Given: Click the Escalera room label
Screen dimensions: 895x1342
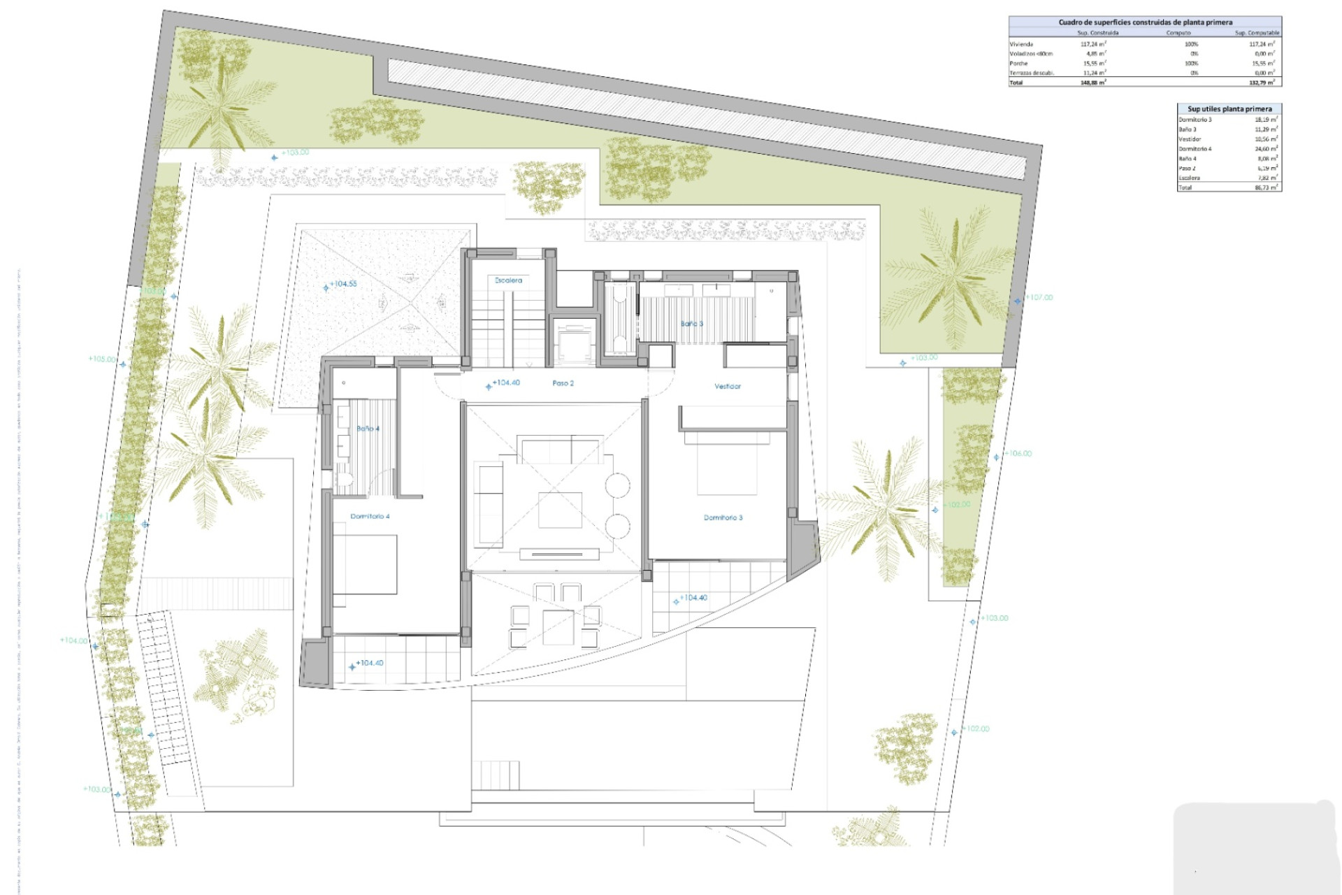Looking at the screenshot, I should coord(508,280).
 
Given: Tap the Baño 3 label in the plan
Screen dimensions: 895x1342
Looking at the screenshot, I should coord(692,324).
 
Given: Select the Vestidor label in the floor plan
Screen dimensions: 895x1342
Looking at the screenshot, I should coord(727,386).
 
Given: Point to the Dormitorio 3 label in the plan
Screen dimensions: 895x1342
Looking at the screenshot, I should coord(723,517).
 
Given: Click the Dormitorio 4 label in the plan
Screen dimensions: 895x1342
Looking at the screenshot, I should coord(370,516).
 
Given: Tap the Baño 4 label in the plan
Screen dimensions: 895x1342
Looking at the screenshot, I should coord(368,429).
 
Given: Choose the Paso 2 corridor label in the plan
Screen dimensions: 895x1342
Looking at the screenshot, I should coord(563,383).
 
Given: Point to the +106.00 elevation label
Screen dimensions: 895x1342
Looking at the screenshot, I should coord(1018,454).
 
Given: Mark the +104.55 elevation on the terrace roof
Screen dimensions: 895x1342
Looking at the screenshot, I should coord(343,284).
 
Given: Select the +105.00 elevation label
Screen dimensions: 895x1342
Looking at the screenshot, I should coord(102,359).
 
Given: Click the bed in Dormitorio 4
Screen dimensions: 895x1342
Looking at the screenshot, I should coord(364,565).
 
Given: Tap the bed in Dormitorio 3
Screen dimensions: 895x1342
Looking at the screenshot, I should coord(728,464).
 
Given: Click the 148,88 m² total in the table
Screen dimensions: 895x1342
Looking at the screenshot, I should coord(1093,83).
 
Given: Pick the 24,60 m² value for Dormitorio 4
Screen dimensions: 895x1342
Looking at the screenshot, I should coord(1266,149).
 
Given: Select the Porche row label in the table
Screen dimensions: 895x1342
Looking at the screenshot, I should coord(1018,64).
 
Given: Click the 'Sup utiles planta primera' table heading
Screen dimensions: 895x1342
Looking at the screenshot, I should coord(1229,108).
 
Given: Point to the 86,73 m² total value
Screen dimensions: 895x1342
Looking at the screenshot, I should coord(1266,187).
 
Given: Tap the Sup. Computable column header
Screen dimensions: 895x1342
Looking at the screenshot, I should coord(1257,33).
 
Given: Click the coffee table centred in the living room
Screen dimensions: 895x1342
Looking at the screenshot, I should coord(560,510).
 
